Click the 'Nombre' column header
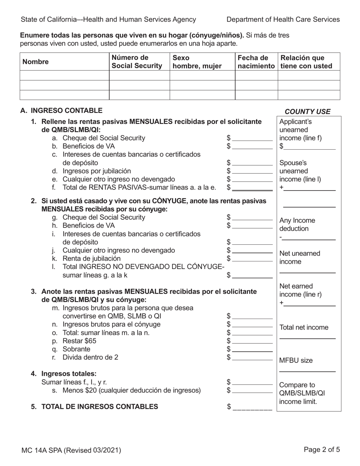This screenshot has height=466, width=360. [36, 62]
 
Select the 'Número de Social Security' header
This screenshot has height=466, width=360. [137, 62]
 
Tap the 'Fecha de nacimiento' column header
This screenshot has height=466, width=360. [256, 62]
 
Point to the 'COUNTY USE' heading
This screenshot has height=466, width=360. [307, 112]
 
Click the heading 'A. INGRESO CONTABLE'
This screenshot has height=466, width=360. [61, 111]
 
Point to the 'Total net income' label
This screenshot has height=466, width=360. [304, 328]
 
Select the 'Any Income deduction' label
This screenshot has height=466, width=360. [297, 225]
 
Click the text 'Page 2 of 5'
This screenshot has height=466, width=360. [322, 450]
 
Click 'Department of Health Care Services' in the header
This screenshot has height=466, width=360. [283, 20]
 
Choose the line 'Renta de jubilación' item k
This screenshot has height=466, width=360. [89, 258]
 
